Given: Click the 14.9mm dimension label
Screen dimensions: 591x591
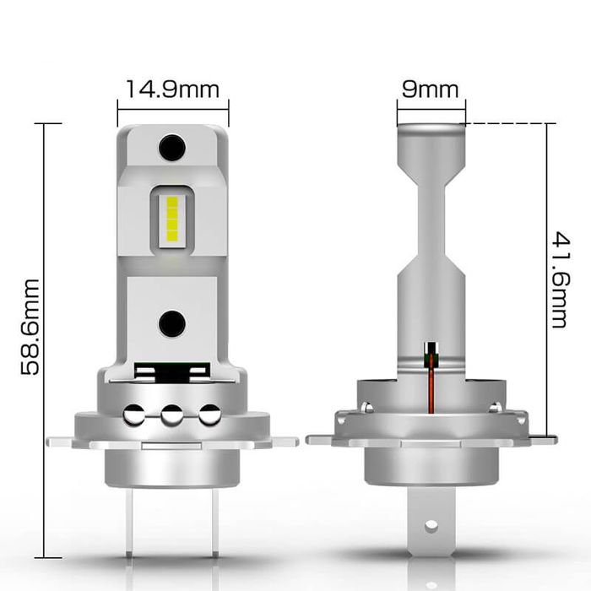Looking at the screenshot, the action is click(x=172, y=89).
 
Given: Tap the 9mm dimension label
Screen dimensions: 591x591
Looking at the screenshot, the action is click(x=430, y=89).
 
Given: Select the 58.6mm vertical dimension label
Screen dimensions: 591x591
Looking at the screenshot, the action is click(x=30, y=327).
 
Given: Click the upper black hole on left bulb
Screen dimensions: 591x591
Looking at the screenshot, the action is click(x=172, y=148).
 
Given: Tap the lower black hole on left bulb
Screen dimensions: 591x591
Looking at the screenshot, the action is click(x=172, y=323).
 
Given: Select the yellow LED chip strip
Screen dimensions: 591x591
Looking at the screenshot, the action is click(x=172, y=219).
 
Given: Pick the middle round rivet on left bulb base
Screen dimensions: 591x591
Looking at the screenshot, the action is click(x=172, y=415).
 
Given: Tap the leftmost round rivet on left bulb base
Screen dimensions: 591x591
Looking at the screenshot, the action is click(x=134, y=415).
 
